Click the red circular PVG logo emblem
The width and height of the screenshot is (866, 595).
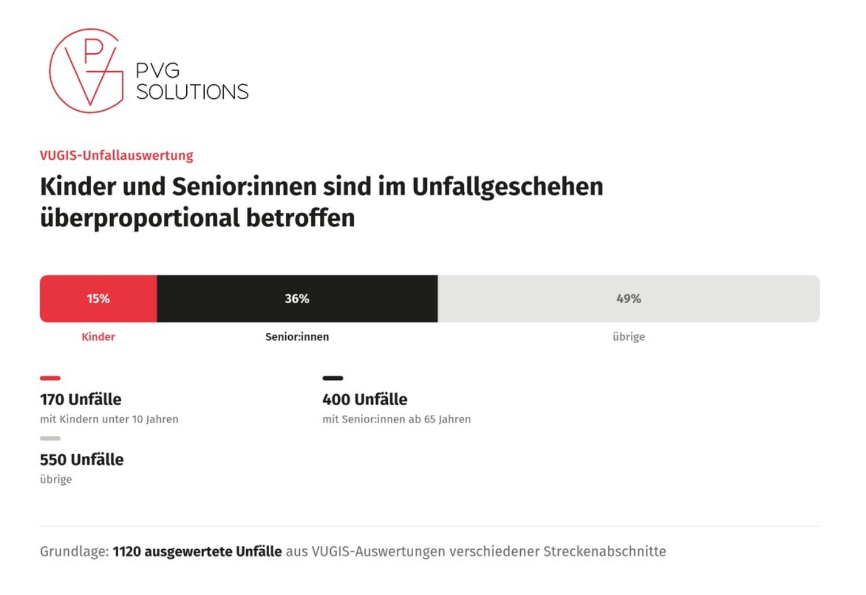pos(50,71)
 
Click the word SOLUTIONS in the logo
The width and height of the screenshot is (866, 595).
pos(192,92)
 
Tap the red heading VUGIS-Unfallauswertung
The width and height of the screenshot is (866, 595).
pos(116,155)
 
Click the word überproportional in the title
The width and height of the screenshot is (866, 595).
pos(140,218)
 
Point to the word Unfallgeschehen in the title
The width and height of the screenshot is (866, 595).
pos(507,187)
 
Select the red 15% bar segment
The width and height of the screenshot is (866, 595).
pos(98,299)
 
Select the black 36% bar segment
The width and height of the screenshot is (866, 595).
pos(298,299)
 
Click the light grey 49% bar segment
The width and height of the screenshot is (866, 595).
pos(628,299)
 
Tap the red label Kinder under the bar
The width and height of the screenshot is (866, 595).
pos(98,336)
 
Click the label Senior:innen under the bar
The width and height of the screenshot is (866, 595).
pos(297,336)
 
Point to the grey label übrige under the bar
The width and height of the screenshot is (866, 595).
pos(628,336)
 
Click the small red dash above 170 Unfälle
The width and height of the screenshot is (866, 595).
pos(50,378)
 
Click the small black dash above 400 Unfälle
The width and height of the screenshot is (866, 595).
pos(333,378)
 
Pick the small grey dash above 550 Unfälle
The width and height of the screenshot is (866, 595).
pos(50,439)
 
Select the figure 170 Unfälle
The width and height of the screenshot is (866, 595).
pos(80,400)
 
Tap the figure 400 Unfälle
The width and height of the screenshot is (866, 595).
pos(364,400)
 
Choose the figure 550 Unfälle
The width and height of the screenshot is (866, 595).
pos(82,460)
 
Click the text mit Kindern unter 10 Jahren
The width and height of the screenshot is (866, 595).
pos(109,419)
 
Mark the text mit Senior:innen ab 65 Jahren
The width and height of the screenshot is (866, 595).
pos(397,419)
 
